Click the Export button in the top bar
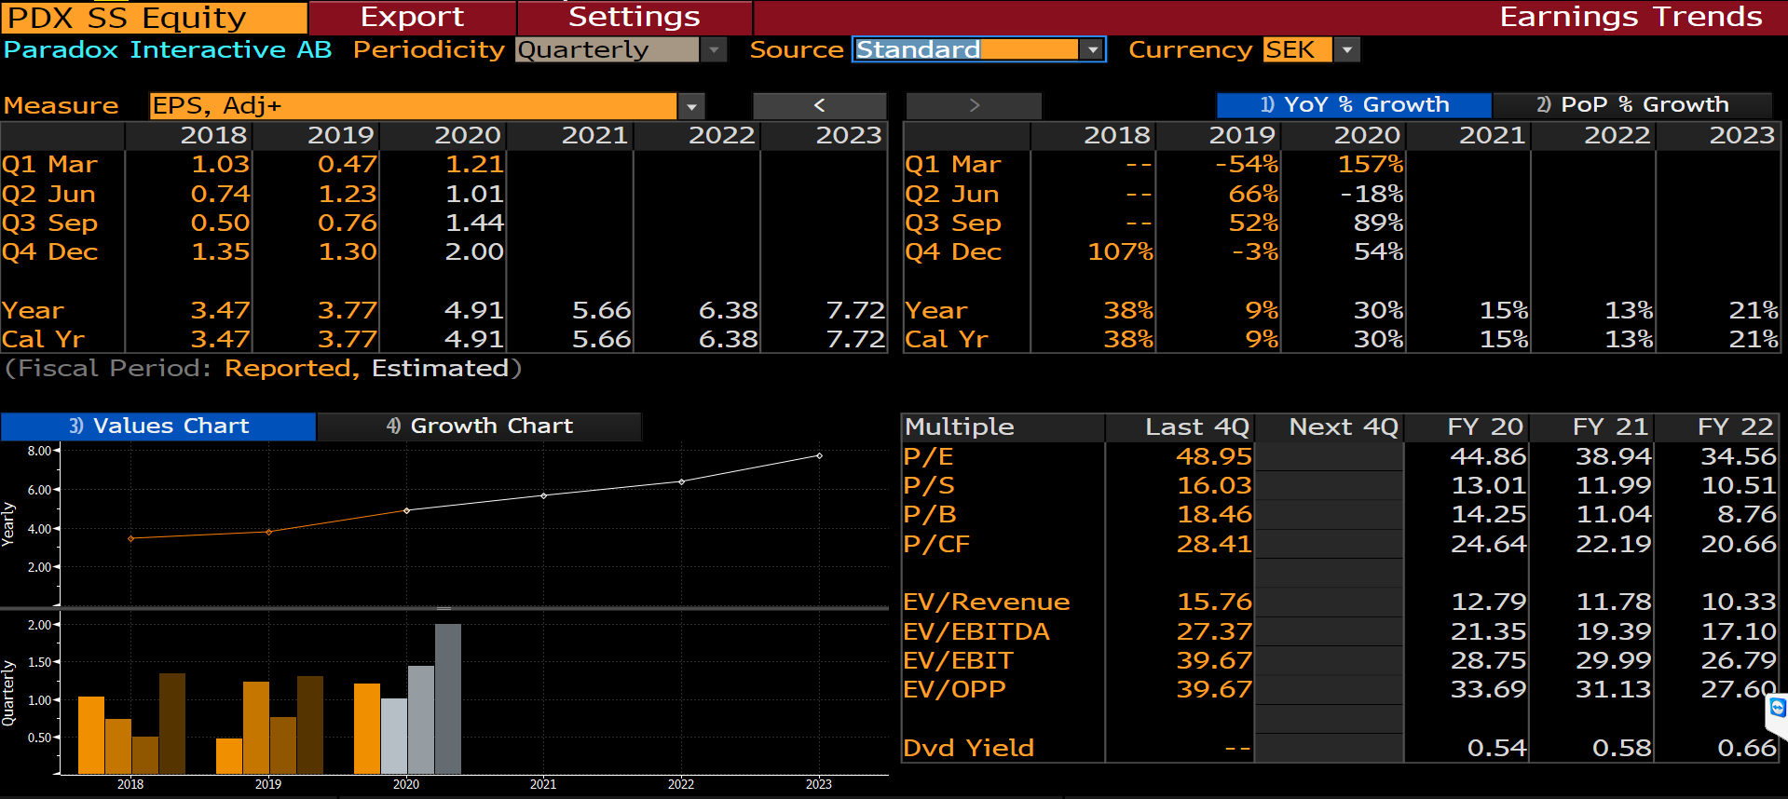coord(412,17)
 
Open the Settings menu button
coord(634,17)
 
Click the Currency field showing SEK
coord(1297,49)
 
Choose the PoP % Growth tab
coord(1632,104)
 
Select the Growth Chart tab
coord(479,426)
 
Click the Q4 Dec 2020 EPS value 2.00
coord(474,251)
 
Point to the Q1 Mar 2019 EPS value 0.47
coord(347,164)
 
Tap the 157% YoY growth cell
coord(1370,164)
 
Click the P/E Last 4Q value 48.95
coord(1213,456)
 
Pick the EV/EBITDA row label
coord(976,631)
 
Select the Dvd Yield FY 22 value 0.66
coord(1746,748)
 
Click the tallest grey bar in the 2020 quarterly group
coord(448,698)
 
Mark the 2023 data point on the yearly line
coord(819,455)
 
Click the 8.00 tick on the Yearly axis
coord(39,451)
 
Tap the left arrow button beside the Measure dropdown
coord(819,105)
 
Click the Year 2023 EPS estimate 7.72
coord(854,310)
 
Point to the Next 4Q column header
coord(1343,427)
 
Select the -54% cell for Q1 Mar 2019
coord(1247,164)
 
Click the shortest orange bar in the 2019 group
coord(229,755)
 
